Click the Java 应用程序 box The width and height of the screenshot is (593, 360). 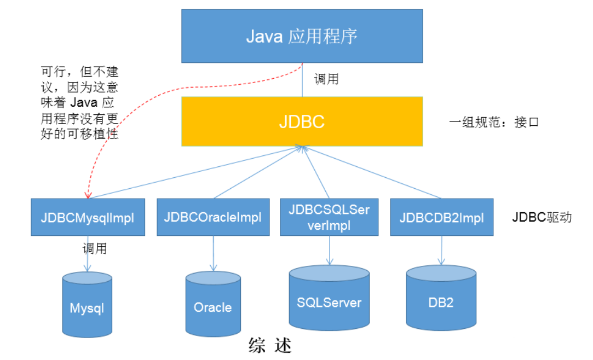(302, 36)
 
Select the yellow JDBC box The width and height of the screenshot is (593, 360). (302, 121)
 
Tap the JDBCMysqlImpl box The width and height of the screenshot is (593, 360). (88, 217)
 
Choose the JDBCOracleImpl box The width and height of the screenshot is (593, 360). (213, 217)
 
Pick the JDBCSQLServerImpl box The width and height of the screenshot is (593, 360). (329, 217)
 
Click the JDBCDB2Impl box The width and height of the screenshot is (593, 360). (442, 217)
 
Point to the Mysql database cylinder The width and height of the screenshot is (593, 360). (87, 305)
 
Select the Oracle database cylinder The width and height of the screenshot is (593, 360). (213, 304)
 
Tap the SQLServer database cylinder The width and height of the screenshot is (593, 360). (329, 298)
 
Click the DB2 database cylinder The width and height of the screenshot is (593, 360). (441, 298)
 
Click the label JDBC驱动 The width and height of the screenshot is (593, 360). (542, 217)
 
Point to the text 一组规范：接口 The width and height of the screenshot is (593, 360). (494, 122)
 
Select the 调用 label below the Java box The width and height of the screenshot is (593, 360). (326, 79)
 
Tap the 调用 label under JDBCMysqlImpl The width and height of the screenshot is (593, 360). (95, 248)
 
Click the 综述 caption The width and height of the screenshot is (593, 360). (270, 345)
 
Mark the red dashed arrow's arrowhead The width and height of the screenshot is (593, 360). (88, 195)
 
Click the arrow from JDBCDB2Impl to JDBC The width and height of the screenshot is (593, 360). (371, 172)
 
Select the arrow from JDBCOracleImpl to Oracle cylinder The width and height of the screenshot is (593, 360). (214, 253)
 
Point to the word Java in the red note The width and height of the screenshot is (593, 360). (84, 102)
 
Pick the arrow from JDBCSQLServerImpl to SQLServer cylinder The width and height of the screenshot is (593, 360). (330, 251)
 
